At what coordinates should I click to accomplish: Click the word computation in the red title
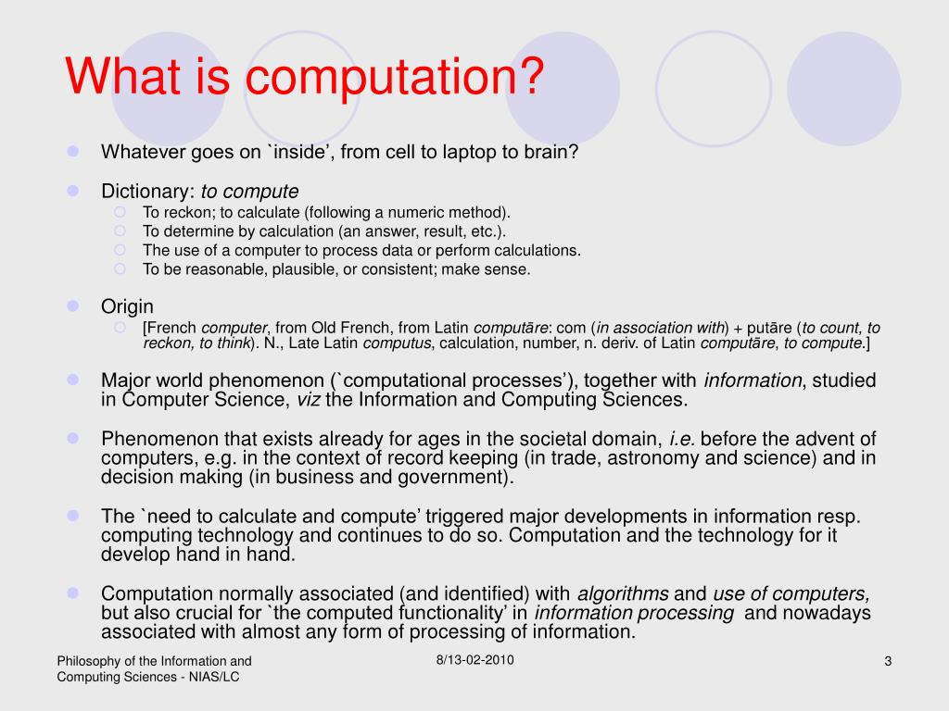[388, 78]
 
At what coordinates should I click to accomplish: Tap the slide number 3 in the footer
[887, 661]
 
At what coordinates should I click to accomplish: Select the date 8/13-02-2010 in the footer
[474, 660]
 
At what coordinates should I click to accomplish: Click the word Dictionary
[146, 192]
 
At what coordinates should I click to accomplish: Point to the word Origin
[127, 306]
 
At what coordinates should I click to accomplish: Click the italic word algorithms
[623, 594]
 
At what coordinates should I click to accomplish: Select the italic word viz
[307, 400]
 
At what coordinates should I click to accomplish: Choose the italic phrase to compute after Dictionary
[250, 192]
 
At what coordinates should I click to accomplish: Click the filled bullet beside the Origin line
[74, 306]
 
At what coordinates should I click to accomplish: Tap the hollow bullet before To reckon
[120, 211]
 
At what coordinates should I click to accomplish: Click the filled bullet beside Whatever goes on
[74, 151]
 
